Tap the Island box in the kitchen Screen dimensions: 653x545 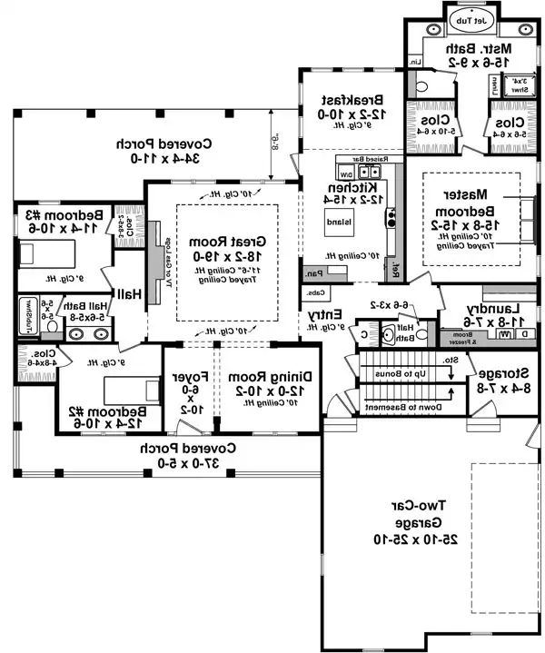[x=332, y=221]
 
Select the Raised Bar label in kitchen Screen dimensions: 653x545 [x=369, y=158]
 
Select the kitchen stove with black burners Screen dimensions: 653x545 [x=391, y=218]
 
